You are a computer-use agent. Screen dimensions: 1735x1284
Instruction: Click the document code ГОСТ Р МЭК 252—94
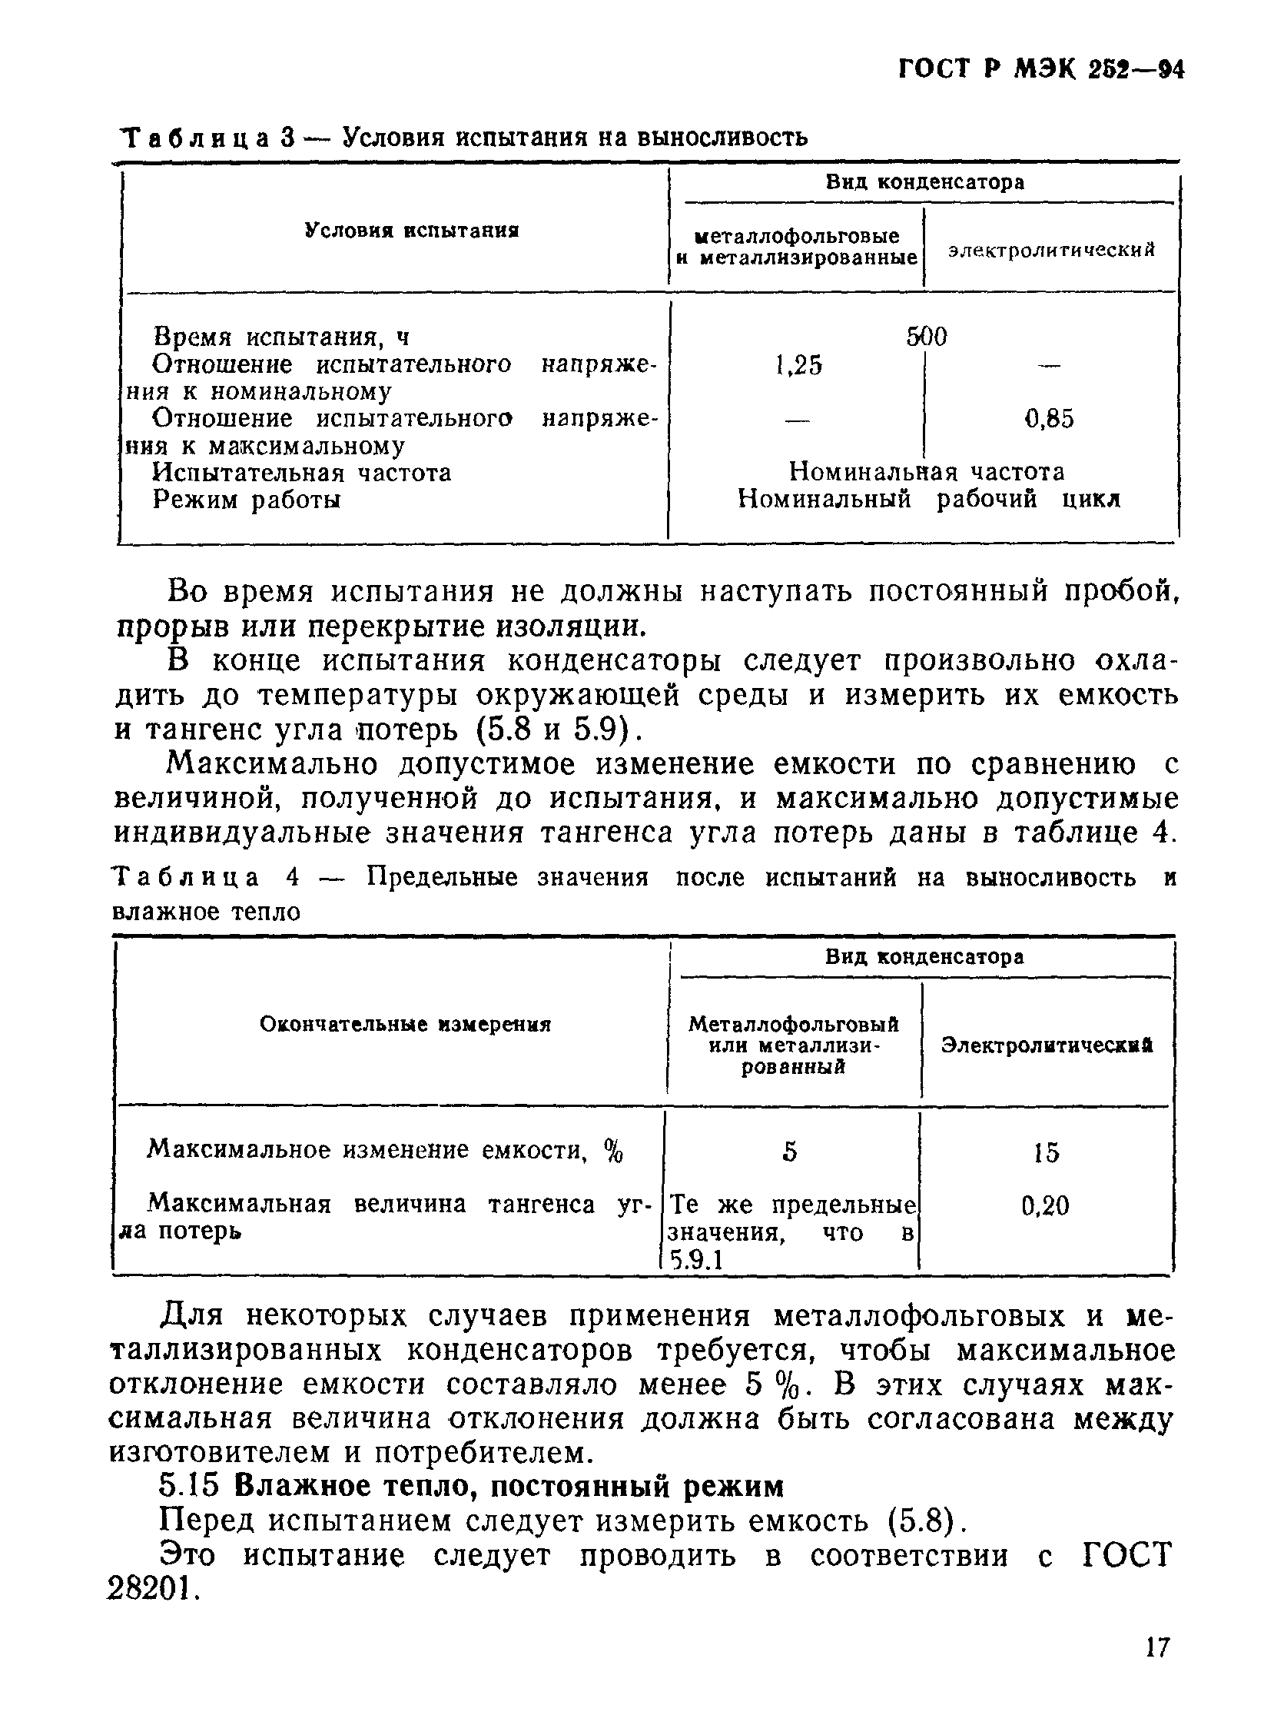tap(1040, 70)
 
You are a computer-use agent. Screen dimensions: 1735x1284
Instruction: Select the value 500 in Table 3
tap(927, 337)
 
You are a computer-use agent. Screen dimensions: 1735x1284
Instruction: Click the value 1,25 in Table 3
tap(798, 364)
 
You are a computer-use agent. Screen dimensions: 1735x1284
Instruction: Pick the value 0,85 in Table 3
tap(1050, 419)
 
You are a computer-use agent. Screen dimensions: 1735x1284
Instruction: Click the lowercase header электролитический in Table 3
tap(1052, 250)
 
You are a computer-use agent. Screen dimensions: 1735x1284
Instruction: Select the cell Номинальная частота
tap(927, 471)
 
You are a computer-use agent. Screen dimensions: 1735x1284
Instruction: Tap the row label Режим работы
tap(247, 499)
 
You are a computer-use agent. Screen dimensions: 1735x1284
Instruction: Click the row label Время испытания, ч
tap(280, 337)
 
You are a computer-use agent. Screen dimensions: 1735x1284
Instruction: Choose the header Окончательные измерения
tap(405, 1025)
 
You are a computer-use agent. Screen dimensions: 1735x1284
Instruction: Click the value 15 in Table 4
tap(1046, 1152)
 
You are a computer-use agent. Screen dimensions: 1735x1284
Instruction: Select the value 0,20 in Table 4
tap(1045, 1205)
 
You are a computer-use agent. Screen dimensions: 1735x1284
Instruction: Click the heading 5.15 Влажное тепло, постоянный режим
tap(471, 1485)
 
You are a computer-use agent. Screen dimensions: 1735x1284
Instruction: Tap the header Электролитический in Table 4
tap(1047, 1045)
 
